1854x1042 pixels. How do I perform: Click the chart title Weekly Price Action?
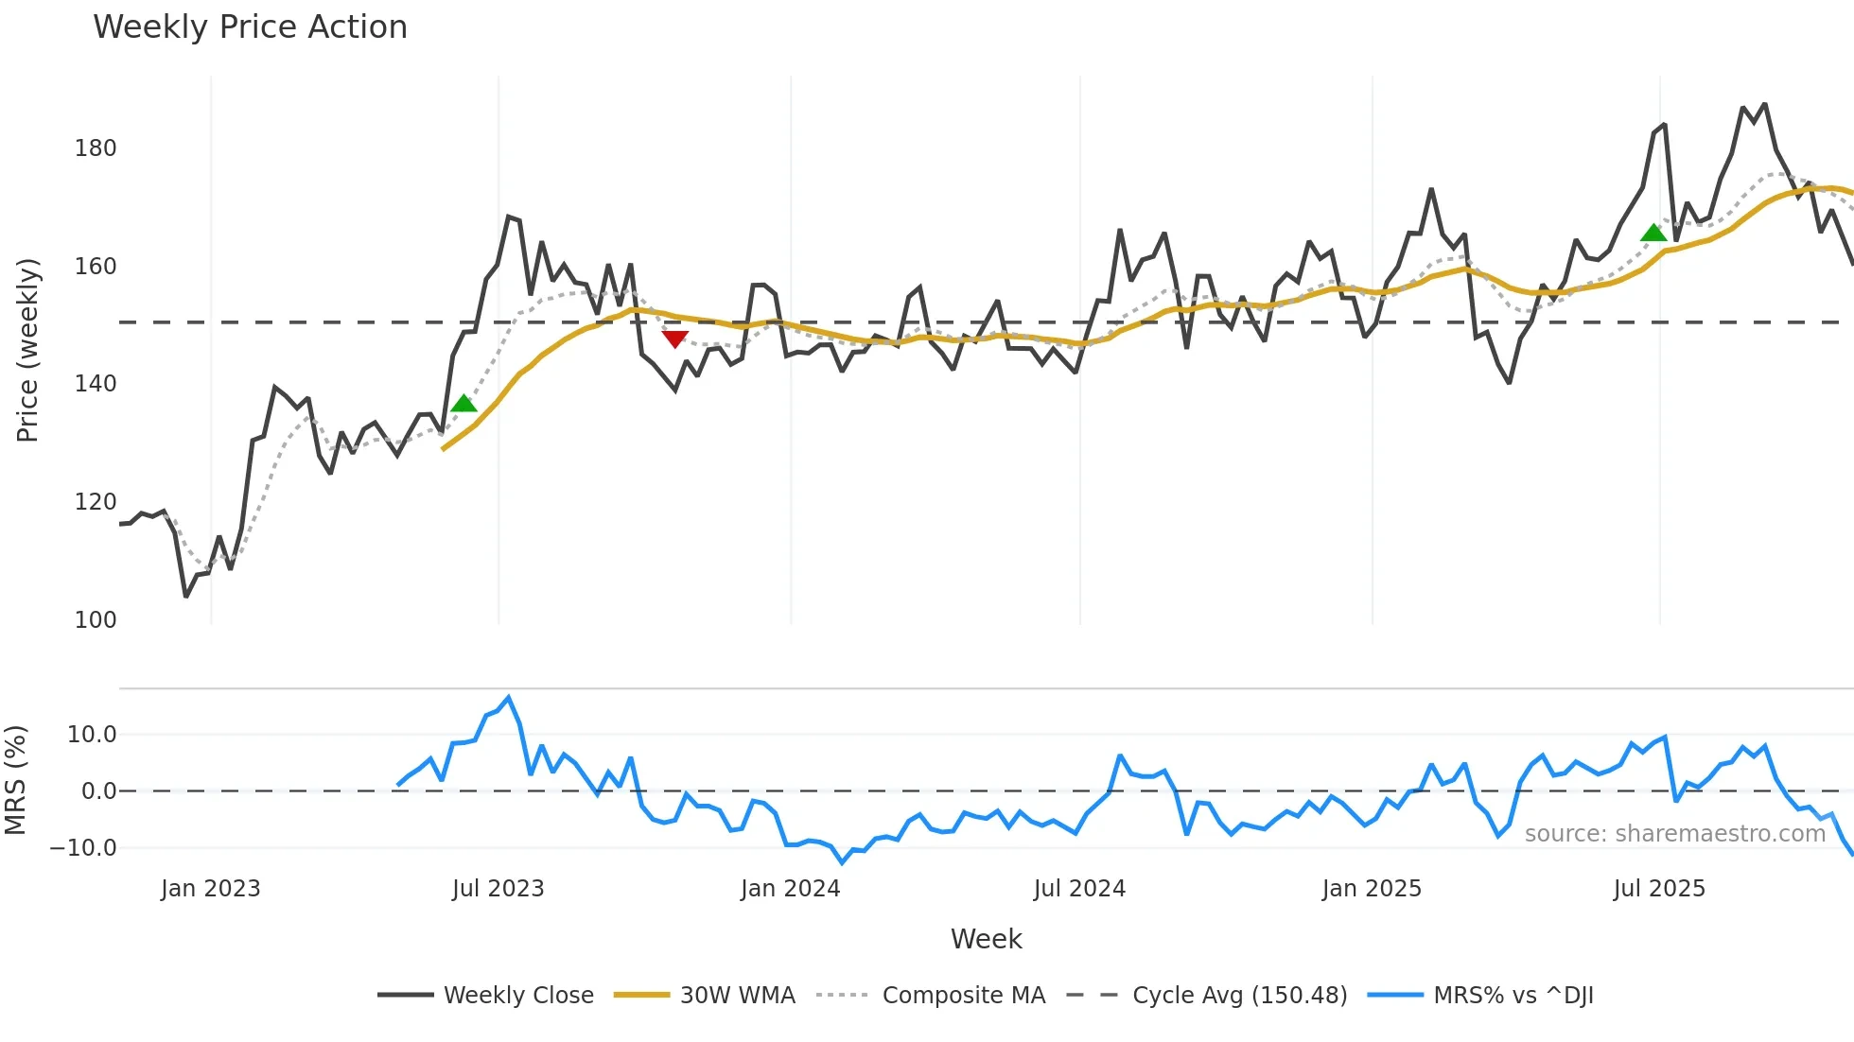[250, 27]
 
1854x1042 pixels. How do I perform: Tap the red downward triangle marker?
[674, 339]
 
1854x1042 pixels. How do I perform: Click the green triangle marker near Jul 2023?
[463, 404]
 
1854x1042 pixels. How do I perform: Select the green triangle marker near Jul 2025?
[1653, 233]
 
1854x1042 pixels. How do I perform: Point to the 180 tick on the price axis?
[96, 148]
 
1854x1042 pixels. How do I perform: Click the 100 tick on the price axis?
[96, 620]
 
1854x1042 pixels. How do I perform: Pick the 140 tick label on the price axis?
[96, 384]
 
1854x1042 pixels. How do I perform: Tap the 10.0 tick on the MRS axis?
[92, 735]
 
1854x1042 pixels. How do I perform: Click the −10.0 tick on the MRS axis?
[83, 848]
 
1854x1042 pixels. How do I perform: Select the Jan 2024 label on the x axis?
[790, 889]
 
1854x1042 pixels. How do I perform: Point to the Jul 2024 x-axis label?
[1079, 889]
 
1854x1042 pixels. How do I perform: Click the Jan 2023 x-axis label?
[210, 889]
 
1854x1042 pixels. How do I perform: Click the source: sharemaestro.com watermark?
[1674, 834]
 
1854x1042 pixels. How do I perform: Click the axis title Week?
[986, 939]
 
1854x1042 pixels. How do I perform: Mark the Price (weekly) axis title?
[27, 350]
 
